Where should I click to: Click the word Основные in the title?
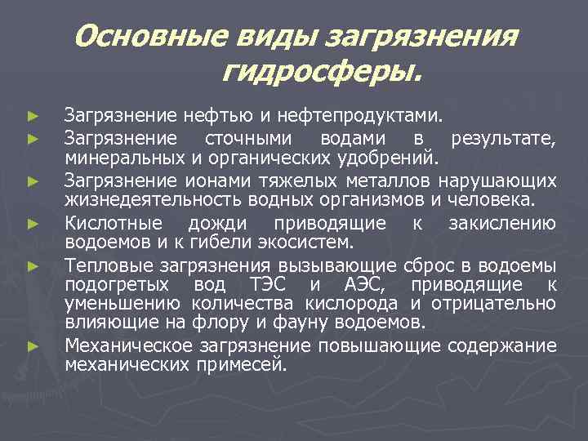pos(152,35)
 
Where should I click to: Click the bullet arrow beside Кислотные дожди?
pos(32,223)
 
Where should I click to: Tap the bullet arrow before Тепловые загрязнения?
pos(32,265)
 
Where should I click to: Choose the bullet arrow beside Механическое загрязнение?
pos(32,346)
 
